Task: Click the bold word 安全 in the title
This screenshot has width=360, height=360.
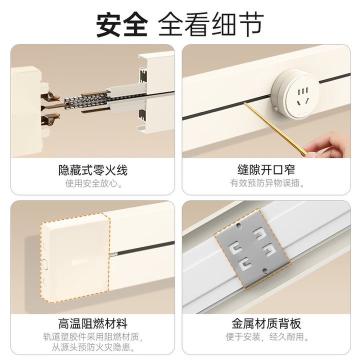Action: pyautogui.click(x=121, y=24)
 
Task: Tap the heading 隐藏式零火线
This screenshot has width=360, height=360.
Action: pyautogui.click(x=93, y=170)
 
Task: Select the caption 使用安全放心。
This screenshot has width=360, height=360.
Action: pyautogui.click(x=93, y=183)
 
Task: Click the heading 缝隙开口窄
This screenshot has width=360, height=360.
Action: pyautogui.click(x=266, y=170)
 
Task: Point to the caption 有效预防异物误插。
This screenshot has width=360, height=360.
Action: pyautogui.click(x=267, y=183)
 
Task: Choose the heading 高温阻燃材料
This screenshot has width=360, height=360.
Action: pyautogui.click(x=93, y=323)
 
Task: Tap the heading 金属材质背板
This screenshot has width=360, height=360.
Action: pyautogui.click(x=266, y=323)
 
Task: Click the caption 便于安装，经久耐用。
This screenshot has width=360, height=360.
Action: pyautogui.click(x=267, y=337)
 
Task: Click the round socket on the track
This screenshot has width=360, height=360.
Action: pyautogui.click(x=295, y=93)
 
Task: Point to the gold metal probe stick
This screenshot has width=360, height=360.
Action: pyautogui.click(x=275, y=129)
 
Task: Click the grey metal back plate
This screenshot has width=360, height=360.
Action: pyautogui.click(x=252, y=249)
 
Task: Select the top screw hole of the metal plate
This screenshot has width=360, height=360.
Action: pyautogui.click(x=239, y=225)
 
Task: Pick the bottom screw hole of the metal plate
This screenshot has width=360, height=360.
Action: pyautogui.click(x=264, y=271)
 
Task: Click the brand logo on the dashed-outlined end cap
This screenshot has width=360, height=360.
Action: pyautogui.click(x=79, y=261)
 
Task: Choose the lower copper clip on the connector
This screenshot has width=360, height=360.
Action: pyautogui.click(x=50, y=119)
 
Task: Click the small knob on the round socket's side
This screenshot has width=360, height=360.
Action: pyautogui.click(x=275, y=108)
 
